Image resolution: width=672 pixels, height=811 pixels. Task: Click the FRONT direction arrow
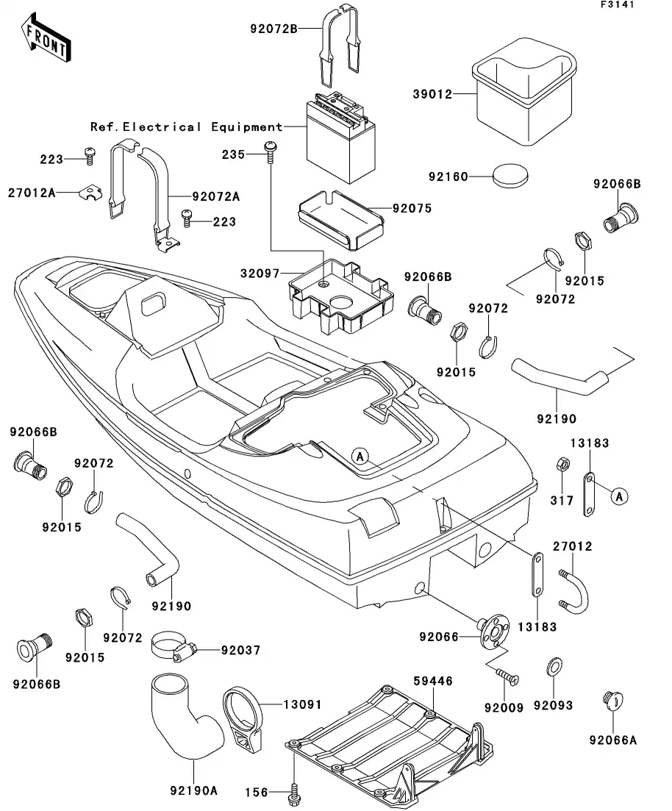[x=46, y=41]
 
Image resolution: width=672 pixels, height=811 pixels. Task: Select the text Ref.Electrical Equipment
[x=186, y=127]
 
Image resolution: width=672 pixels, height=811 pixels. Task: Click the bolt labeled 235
[x=270, y=152]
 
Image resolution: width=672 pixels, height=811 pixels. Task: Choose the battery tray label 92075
[x=412, y=209]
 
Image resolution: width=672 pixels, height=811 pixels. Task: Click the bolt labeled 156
[x=295, y=792]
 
